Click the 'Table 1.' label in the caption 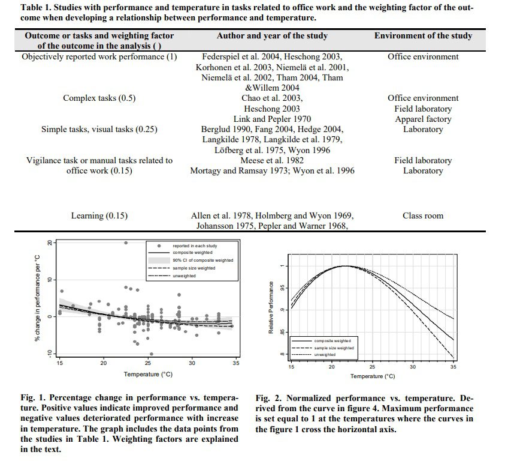point(37,8)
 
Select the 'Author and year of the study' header point(272,36)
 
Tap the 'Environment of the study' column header point(423,36)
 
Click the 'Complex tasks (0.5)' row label point(99,98)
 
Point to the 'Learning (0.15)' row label point(99,215)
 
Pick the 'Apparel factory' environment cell point(423,119)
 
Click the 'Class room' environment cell point(423,215)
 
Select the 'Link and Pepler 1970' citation point(272,119)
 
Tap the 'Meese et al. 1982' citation point(272,160)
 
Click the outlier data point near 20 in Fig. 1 point(125,243)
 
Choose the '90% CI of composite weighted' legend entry point(202,261)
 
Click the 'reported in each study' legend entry point(195,246)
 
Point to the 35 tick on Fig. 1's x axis point(236,363)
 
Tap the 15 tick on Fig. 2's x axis point(291,366)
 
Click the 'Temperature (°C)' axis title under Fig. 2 point(371,376)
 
